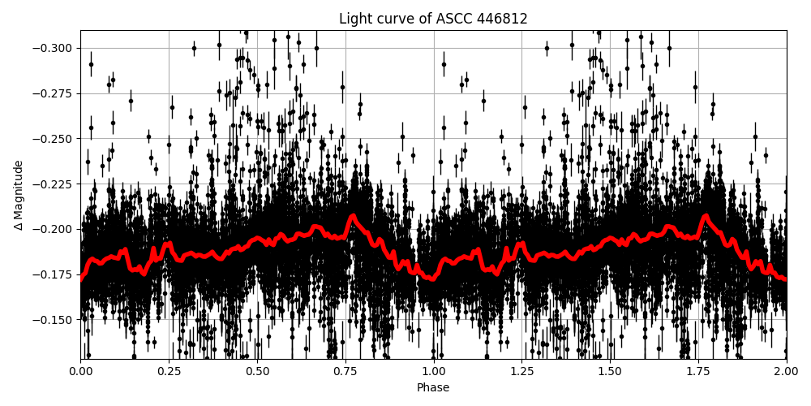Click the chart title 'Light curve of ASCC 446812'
(x=433, y=19)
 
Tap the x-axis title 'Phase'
(x=433, y=388)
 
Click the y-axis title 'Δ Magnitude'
(x=19, y=195)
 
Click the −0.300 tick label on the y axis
(x=54, y=48)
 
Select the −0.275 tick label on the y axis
(x=54, y=93)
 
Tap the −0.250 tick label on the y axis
(x=54, y=139)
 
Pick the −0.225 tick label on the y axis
(x=54, y=184)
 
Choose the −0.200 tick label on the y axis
(x=54, y=229)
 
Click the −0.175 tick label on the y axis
(x=54, y=274)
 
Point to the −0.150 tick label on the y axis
(x=54, y=320)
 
